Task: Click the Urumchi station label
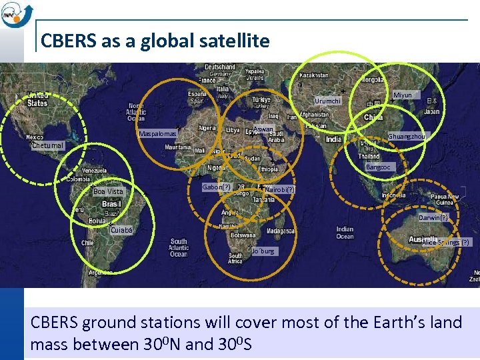coord(327,101)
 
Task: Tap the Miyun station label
coord(403,95)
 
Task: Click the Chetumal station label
coord(47,145)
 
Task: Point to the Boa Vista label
coord(108,191)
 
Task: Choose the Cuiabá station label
coord(121,230)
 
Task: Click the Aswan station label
coord(263,129)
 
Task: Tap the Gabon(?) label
coord(216,187)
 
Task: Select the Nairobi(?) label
coord(279,190)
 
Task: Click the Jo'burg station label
coord(263,251)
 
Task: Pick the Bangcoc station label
coord(378,167)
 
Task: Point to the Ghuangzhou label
coord(406,136)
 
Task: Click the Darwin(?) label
coord(433,217)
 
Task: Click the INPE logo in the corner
coord(15,14)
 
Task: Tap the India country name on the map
coord(333,139)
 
